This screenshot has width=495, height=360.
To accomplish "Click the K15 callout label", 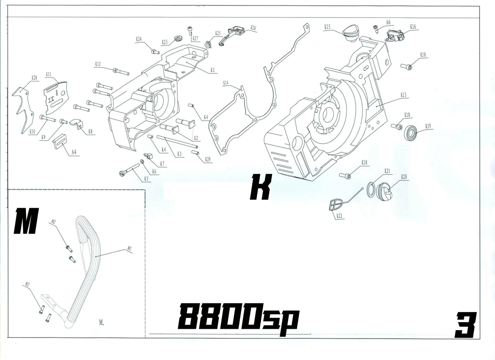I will (x=327, y=26).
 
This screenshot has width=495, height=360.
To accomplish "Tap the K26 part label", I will (x=253, y=27).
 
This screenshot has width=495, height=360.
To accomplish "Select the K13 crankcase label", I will (x=403, y=95).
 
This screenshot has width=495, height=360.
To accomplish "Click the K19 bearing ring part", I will (x=411, y=133).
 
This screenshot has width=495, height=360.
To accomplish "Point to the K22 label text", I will (x=339, y=216).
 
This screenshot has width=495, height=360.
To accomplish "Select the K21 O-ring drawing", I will (x=371, y=190).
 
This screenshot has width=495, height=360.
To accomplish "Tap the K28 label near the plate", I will (x=34, y=78).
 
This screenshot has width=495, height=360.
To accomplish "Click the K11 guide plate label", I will (x=48, y=74).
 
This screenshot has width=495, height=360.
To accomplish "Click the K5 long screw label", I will (x=146, y=178).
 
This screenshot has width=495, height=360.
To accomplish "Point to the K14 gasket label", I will (x=225, y=83).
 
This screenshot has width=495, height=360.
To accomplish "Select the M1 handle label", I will (x=129, y=247).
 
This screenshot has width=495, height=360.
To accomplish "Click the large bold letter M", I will (x=26, y=222).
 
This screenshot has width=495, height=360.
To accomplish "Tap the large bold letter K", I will (x=261, y=187).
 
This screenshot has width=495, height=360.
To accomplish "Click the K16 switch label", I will (x=413, y=26).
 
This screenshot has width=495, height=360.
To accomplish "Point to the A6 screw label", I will (x=388, y=22).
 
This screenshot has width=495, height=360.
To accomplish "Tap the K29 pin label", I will (x=208, y=159).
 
